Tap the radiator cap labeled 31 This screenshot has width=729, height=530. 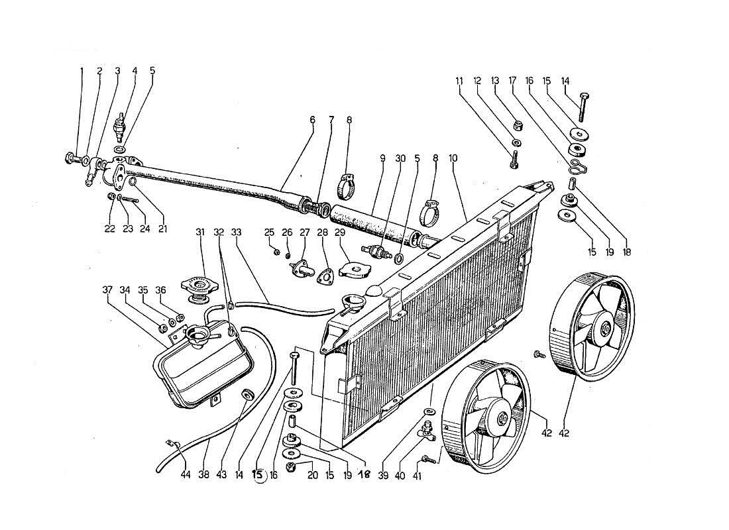pos(197,287)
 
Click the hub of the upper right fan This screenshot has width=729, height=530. pos(604,329)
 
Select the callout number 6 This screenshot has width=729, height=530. pos(312,121)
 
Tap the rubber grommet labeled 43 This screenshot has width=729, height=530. pos(248,396)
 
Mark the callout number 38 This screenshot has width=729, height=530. pos(205,475)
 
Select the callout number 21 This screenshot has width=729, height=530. pos(162,229)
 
